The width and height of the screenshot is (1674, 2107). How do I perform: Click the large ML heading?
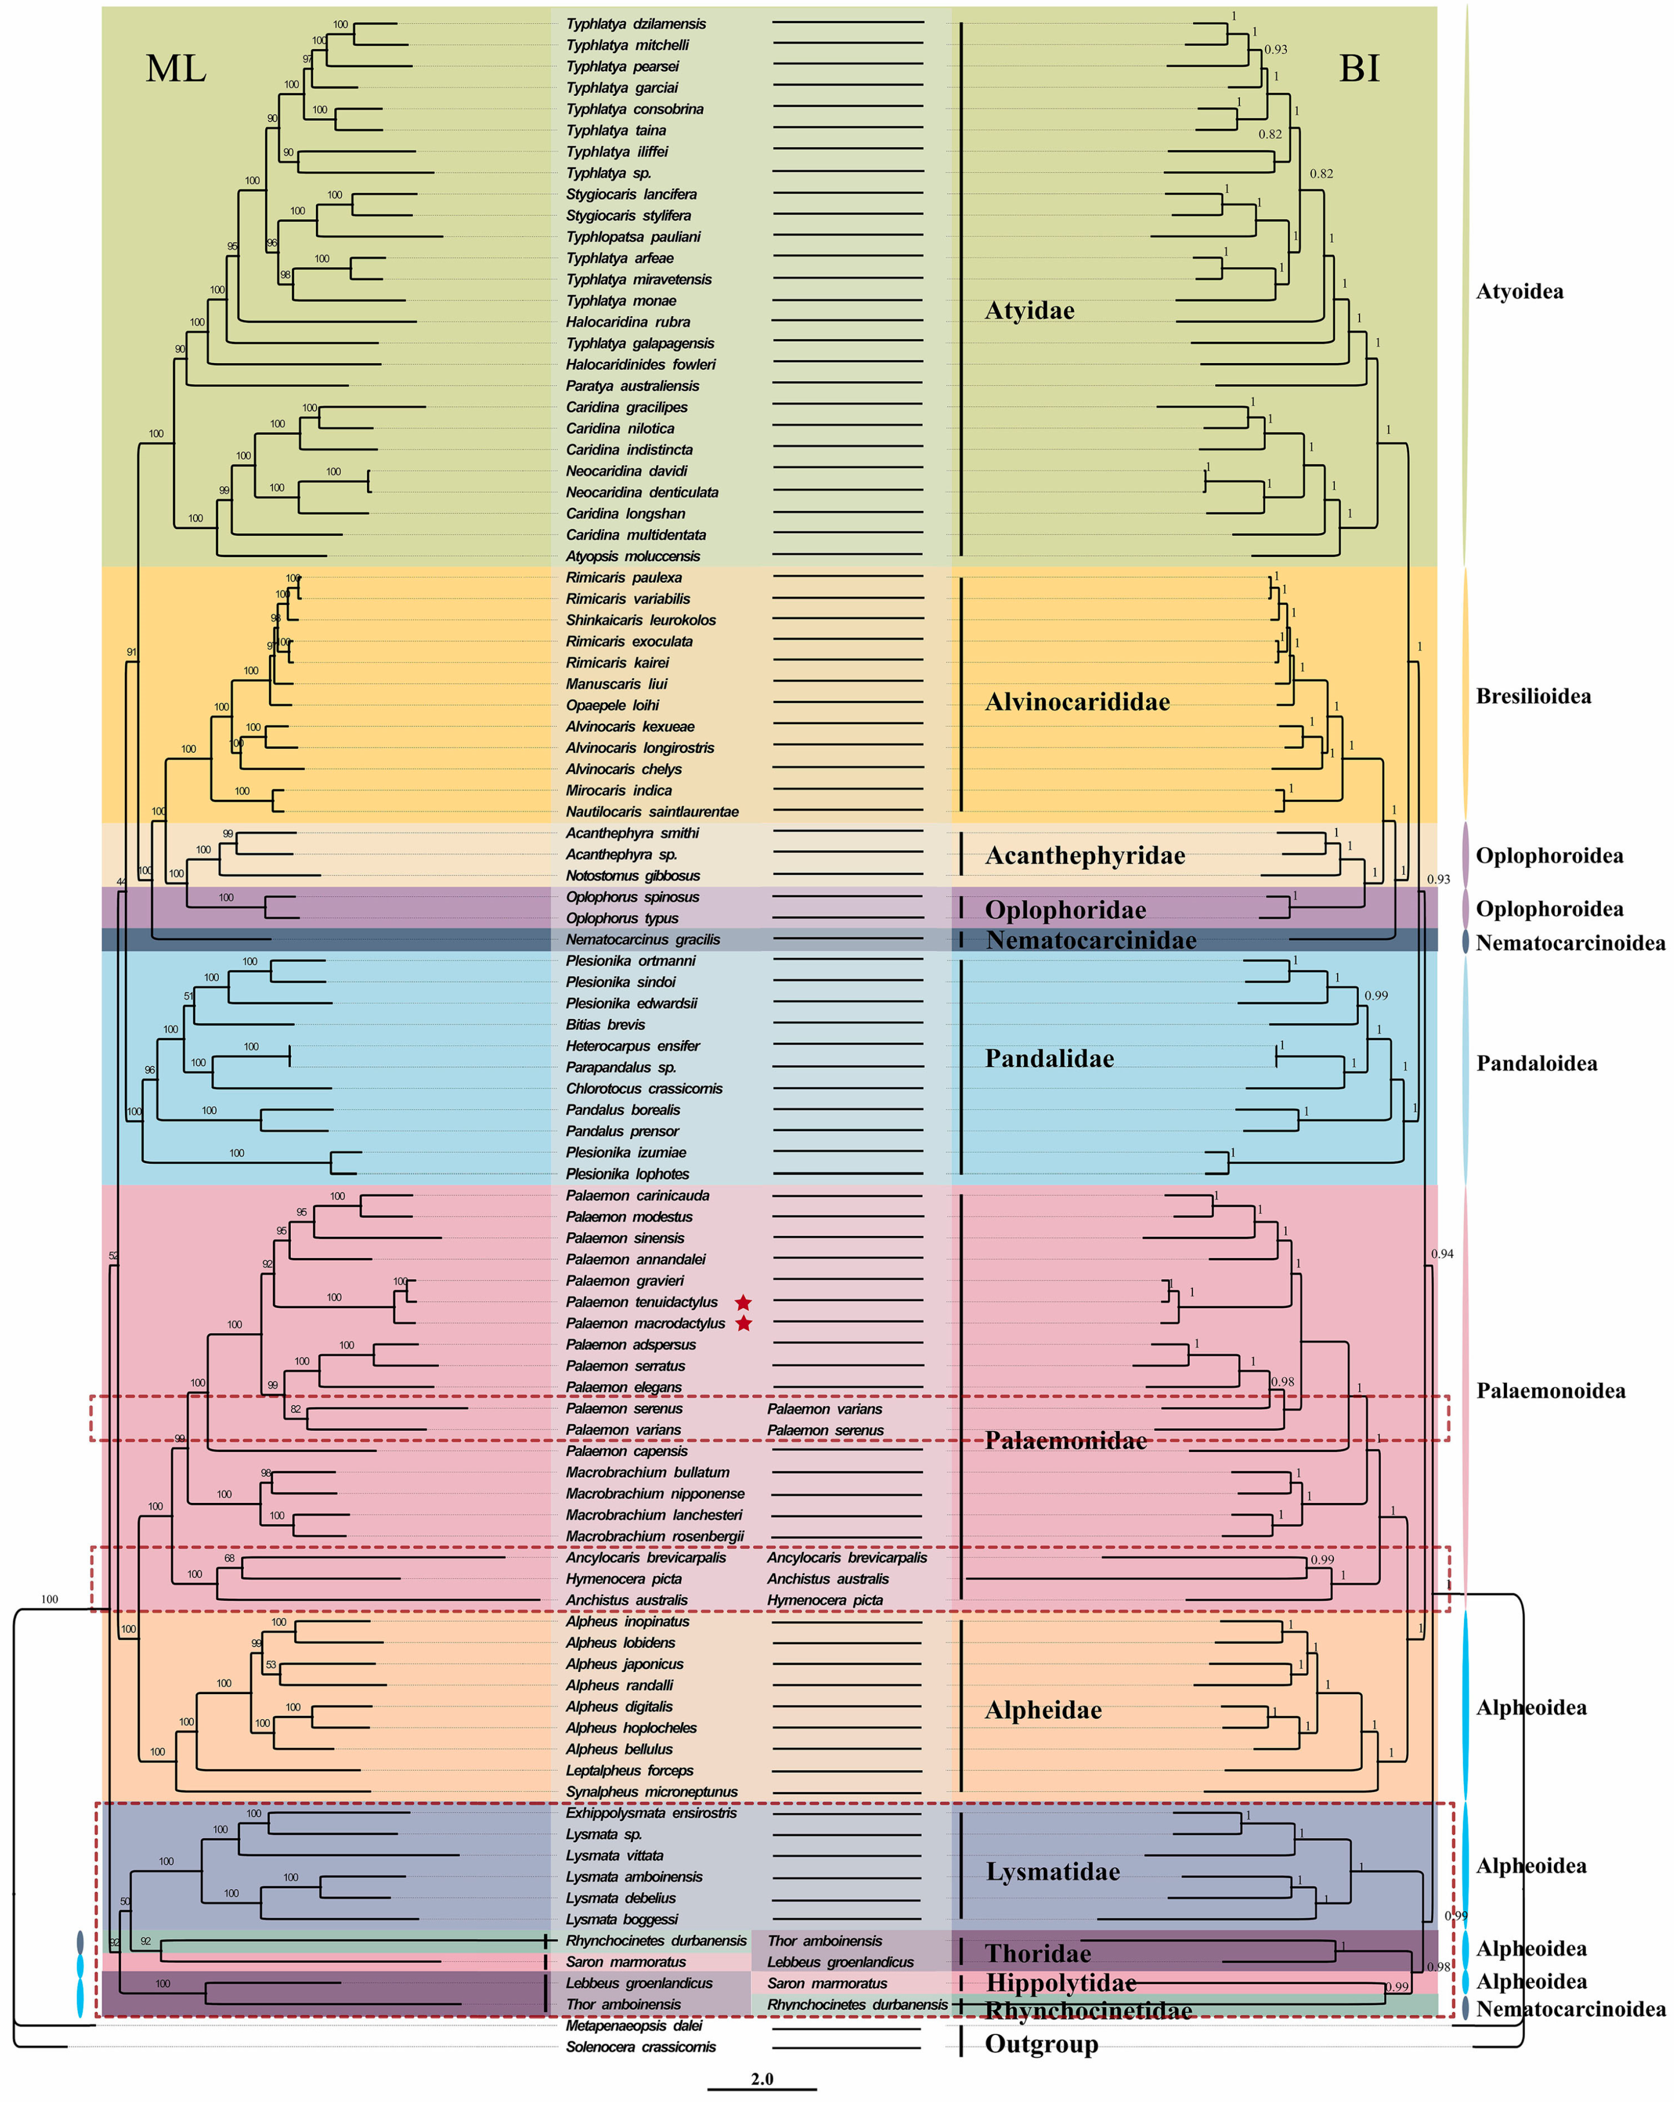click(x=176, y=69)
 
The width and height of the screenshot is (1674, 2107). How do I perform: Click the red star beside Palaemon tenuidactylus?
click(x=744, y=1302)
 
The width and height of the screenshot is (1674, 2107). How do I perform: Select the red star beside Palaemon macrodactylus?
click(x=744, y=1323)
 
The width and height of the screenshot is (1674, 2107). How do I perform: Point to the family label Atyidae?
click(x=1029, y=311)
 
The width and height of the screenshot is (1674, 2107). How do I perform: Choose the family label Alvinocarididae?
click(x=1077, y=702)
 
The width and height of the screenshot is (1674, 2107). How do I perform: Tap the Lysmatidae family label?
click(x=1052, y=1871)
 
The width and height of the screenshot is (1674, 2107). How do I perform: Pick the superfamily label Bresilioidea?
click(x=1532, y=696)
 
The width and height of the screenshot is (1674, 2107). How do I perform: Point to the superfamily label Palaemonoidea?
click(x=1550, y=1391)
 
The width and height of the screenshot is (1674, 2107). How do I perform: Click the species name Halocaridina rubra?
click(x=628, y=322)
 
